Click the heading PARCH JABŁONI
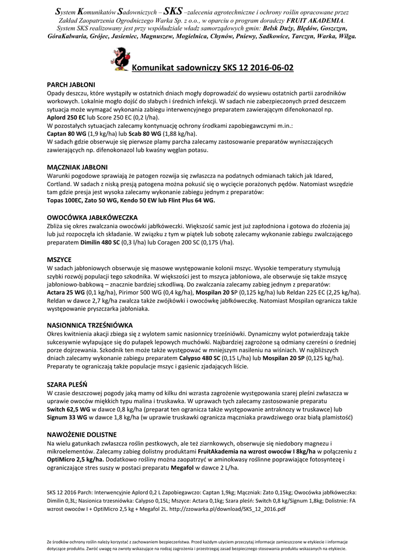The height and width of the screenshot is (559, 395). coord(71,85)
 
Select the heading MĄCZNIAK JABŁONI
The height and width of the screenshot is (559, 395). coord(77,166)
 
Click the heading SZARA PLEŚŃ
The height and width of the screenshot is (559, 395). coord(67,384)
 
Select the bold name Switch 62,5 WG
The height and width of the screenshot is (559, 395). coord(69,409)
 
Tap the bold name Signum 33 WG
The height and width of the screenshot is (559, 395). coord(68,417)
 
